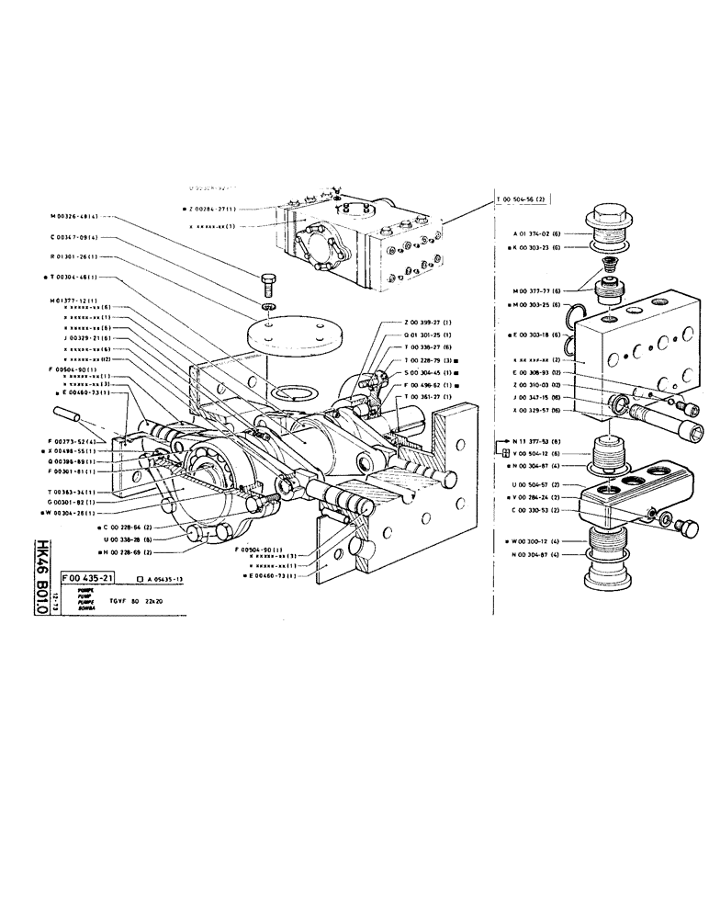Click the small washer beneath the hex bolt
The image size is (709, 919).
[267, 305]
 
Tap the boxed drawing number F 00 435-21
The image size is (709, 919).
[88, 578]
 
